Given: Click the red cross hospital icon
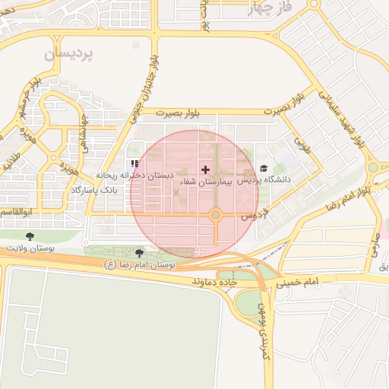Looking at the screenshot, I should tap(204, 169).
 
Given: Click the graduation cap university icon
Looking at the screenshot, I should tap(264, 169).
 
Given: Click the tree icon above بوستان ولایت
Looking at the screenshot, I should tap(30, 236).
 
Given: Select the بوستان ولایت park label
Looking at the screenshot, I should tap(27, 248).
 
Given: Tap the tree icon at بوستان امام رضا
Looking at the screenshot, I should tap(139, 253).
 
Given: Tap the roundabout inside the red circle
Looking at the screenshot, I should tap(216, 216).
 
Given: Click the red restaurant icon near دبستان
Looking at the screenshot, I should tap(134, 163).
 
